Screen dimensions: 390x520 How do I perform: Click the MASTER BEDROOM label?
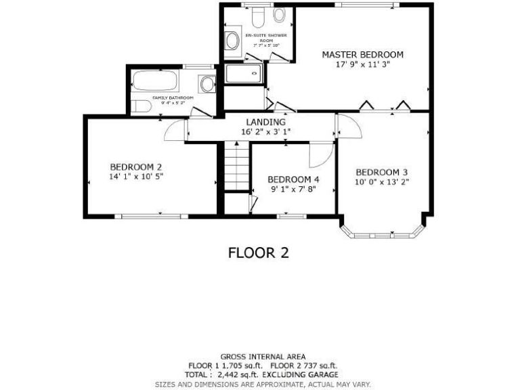point(362,55)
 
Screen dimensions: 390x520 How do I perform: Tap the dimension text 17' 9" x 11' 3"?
point(362,65)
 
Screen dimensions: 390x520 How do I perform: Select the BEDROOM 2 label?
point(135,167)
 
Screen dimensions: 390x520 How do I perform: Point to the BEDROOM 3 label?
point(382,171)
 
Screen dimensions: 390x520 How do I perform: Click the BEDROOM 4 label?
point(293,179)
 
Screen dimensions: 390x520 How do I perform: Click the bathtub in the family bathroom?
point(155,82)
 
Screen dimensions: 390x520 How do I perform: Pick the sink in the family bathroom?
point(207,84)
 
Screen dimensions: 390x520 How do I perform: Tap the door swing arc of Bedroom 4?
point(321,156)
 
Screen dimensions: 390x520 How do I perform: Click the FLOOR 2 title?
point(258,253)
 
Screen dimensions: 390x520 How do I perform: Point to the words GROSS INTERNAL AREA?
point(263,357)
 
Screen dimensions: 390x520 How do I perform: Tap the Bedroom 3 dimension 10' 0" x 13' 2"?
point(382,181)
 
